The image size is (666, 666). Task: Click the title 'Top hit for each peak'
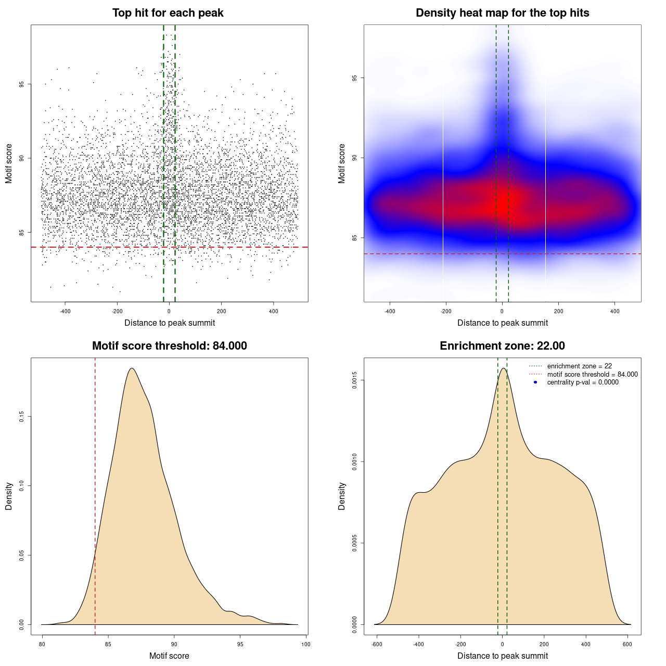[x=168, y=13]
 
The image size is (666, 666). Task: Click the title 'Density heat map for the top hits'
[x=502, y=13]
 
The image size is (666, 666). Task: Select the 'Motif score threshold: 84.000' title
[x=169, y=346]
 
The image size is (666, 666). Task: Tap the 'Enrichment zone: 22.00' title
[x=502, y=346]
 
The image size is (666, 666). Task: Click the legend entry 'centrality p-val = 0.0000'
[x=583, y=382]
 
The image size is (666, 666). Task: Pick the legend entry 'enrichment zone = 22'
[x=579, y=366]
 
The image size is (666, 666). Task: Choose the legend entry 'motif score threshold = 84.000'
[x=592, y=375]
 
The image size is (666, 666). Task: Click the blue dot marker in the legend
[x=535, y=382]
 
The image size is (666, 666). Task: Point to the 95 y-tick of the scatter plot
[x=22, y=84]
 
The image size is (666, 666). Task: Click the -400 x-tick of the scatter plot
[x=65, y=311]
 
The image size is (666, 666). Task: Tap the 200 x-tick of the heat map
[x=558, y=311]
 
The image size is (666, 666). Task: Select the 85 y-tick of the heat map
[x=355, y=238]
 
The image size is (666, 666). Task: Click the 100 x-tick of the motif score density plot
[x=305, y=644]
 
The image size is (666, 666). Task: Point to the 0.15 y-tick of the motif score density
[x=22, y=417]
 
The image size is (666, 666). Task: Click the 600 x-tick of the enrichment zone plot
[x=627, y=644]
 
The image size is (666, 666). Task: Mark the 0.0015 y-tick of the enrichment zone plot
[x=355, y=380]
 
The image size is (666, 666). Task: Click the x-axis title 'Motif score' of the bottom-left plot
[x=169, y=656]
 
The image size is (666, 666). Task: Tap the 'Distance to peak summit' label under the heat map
[x=502, y=323]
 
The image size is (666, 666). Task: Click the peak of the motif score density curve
[x=132, y=368]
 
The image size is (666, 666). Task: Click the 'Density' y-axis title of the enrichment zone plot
[x=342, y=496]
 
